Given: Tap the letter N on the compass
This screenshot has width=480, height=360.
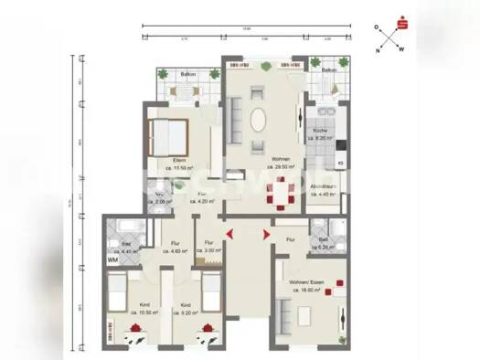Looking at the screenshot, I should coord(378,51).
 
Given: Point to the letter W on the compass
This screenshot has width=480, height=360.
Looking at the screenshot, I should coord(401,51).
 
